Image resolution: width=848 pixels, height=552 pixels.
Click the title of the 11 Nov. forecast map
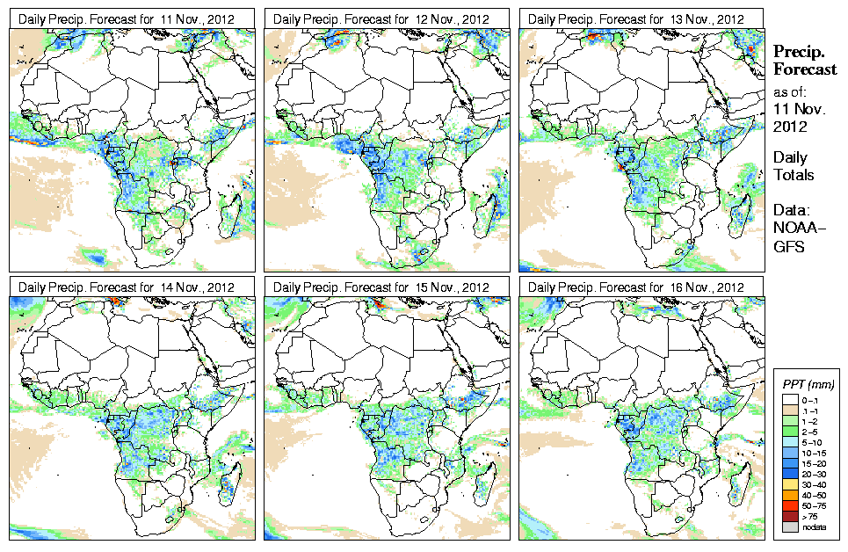[x=127, y=18]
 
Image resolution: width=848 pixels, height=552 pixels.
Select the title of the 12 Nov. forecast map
[x=382, y=18]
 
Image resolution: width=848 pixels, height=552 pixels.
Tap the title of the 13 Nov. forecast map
[x=637, y=18]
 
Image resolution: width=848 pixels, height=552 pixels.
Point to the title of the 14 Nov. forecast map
[x=127, y=287]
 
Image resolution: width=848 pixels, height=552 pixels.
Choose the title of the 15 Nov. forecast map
[x=382, y=287]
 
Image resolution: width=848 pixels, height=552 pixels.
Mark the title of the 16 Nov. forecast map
[x=637, y=287]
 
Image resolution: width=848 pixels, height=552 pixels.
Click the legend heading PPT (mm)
[x=808, y=385]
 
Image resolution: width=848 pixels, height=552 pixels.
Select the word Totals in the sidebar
[x=794, y=175]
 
